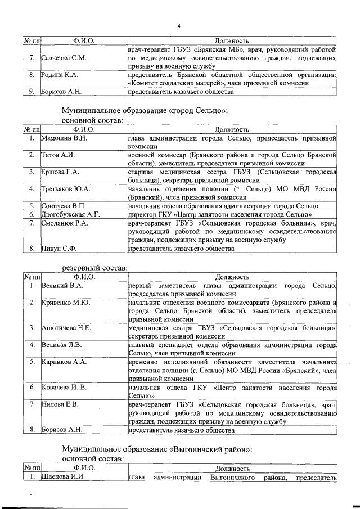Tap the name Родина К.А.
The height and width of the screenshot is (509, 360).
60,75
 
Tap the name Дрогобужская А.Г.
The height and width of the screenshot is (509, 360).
71,214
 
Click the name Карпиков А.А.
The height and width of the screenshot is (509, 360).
64,362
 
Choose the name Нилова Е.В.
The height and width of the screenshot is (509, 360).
60,404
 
